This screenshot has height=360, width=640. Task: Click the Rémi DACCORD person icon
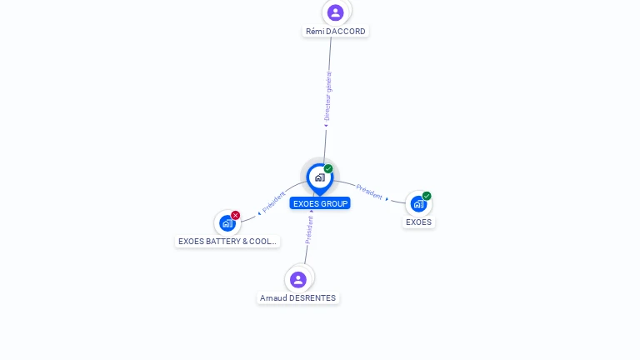336,12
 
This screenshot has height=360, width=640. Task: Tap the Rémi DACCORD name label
336,32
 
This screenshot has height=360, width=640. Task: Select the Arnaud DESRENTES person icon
298,280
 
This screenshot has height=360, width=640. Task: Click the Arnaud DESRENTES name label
298,298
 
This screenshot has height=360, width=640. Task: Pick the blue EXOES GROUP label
320,203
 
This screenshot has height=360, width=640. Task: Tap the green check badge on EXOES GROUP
328,168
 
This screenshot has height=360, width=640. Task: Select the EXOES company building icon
418,203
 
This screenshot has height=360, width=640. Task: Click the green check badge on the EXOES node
427,196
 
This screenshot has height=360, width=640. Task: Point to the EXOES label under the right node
418,222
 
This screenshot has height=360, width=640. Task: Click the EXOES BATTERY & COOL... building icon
227,223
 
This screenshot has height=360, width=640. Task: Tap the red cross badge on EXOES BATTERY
235,215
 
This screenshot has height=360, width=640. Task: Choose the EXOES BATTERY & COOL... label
227,241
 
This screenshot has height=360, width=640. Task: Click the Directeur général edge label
327,96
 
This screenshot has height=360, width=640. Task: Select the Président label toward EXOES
369,192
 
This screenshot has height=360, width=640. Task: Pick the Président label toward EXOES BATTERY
273,202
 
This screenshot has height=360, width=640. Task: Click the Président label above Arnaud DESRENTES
309,230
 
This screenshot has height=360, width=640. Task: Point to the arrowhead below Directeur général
326,126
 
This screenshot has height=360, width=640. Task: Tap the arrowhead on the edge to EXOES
387,199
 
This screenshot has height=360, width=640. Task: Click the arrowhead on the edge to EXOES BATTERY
259,213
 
